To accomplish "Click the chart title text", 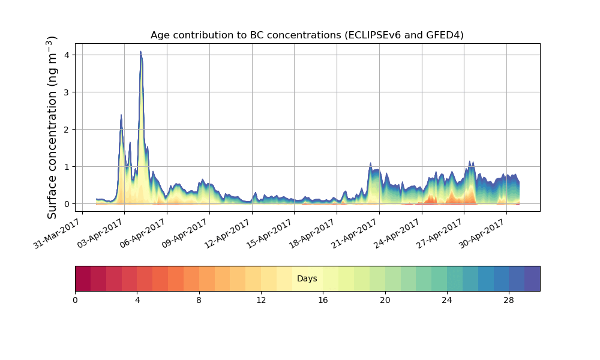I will pyautogui.click(x=307, y=35).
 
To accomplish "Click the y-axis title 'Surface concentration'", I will pyautogui.click(x=52, y=127).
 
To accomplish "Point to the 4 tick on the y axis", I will pyautogui.click(x=67, y=55).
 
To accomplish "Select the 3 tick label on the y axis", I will pyautogui.click(x=67, y=92).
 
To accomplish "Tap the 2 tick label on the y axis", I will pyautogui.click(x=67, y=130).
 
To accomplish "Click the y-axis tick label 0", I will pyautogui.click(x=67, y=204).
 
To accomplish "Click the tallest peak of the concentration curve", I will pyautogui.click(x=140, y=52).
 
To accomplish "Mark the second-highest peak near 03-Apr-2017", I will pyautogui.click(x=121, y=115).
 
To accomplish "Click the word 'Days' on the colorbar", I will pyautogui.click(x=307, y=279).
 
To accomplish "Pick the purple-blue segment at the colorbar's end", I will pyautogui.click(x=532, y=279).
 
